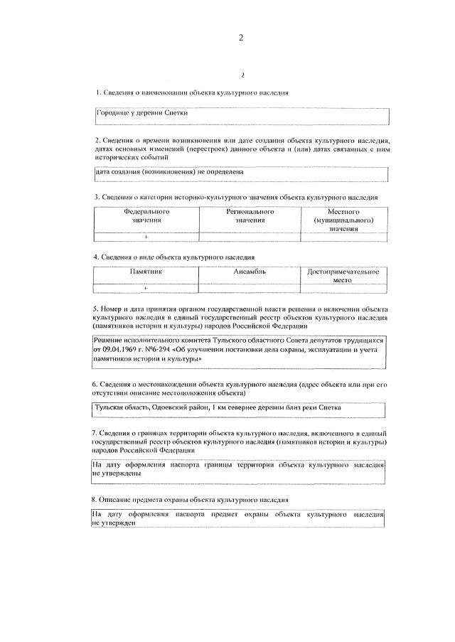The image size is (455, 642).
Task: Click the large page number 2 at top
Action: pyautogui.click(x=241, y=39)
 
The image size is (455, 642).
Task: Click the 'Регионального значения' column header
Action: pyautogui.click(x=250, y=216)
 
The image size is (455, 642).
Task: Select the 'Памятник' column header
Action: pyautogui.click(x=146, y=272)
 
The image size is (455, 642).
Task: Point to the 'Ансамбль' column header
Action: pyautogui.click(x=250, y=272)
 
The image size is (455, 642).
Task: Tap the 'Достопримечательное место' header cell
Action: pyautogui.click(x=343, y=276)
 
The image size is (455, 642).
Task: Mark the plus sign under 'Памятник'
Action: pyautogui.click(x=146, y=288)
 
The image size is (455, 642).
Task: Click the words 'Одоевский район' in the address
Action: pyautogui.click(x=180, y=409)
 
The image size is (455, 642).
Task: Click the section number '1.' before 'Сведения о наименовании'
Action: pyautogui.click(x=97, y=93)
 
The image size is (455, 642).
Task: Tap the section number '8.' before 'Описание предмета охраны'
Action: pyautogui.click(x=97, y=501)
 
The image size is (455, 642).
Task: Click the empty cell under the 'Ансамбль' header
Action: pyautogui.click(x=250, y=288)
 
